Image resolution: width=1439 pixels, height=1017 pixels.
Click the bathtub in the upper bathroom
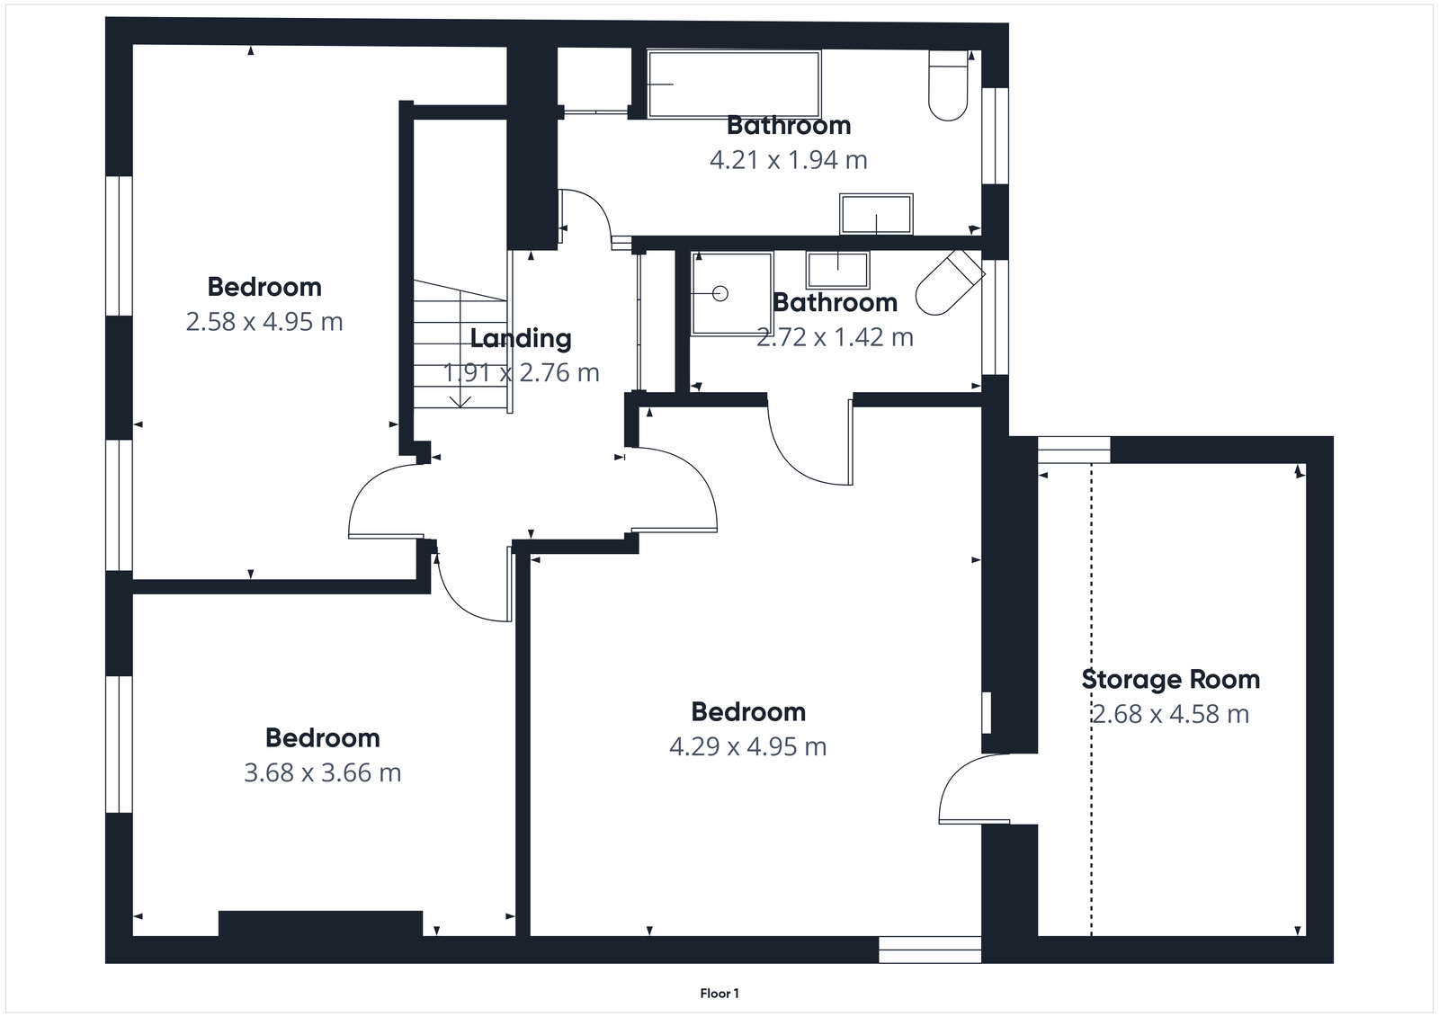733,84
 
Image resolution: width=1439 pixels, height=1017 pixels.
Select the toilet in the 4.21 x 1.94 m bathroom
948,86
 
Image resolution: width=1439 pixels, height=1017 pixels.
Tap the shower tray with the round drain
731,293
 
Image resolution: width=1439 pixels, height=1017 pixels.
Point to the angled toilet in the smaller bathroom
948,281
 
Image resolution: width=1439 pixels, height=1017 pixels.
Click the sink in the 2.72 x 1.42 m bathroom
837,268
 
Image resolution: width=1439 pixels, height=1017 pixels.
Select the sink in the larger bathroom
876,214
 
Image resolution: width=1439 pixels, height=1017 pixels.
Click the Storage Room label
1170,679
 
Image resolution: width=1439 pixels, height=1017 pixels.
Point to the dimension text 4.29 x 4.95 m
747,746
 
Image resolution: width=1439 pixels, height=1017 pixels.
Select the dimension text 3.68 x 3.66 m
322,772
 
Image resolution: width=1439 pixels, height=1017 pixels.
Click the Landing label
521,338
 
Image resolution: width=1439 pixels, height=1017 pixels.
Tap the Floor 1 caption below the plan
719,994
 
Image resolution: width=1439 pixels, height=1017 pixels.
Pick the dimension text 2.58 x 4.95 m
264,321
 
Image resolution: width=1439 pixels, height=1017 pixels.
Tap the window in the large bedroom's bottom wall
929,950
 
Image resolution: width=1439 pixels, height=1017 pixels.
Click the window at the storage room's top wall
1074,450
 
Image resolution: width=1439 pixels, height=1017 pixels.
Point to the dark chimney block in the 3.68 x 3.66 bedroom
320,923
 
